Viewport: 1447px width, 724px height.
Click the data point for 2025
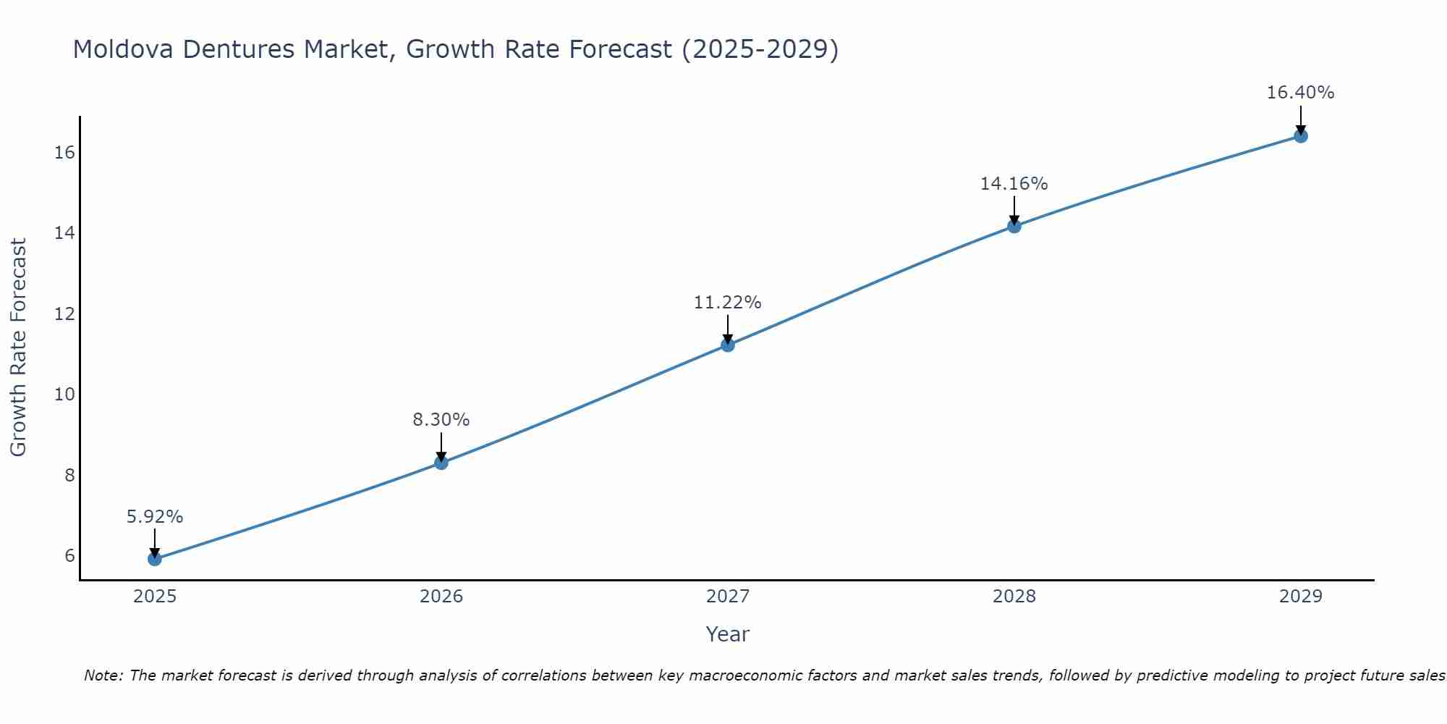point(155,559)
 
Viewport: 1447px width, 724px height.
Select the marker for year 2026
point(441,463)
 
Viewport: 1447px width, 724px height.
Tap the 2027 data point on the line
point(728,345)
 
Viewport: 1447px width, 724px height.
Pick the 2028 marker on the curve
point(1014,227)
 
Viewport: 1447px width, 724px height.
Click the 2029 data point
point(1301,136)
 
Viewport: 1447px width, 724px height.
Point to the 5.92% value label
point(155,517)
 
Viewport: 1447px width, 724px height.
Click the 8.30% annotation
point(441,420)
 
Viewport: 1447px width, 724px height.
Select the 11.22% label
point(728,303)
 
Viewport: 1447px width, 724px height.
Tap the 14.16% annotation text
point(1014,184)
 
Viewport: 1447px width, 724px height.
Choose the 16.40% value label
point(1301,93)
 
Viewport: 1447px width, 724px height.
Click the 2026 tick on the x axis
point(441,597)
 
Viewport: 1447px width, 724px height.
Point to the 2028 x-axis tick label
point(1014,597)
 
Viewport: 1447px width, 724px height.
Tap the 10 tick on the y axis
point(64,395)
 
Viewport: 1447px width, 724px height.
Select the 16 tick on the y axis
point(64,153)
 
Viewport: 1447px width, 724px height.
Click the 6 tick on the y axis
point(69,556)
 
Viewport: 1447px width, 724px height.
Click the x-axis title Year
point(728,634)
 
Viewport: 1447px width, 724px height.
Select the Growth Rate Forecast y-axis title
point(18,348)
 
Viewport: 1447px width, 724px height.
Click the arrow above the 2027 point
point(728,328)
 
